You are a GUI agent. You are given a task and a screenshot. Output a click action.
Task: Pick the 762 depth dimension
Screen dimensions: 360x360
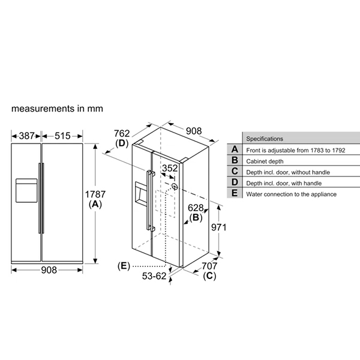pyautogui.click(x=122, y=134)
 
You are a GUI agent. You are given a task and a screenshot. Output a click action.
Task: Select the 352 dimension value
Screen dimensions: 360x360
pyautogui.click(x=170, y=169)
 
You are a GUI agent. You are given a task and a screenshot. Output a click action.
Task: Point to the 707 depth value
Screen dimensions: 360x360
pyautogui.click(x=210, y=266)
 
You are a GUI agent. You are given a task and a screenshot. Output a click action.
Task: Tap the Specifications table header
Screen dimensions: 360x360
pyautogui.click(x=265, y=138)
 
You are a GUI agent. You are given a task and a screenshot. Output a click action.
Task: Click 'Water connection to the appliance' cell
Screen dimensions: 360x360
pyautogui.click(x=291, y=194)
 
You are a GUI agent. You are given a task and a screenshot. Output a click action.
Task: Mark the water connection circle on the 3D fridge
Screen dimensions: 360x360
pyautogui.click(x=175, y=186)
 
